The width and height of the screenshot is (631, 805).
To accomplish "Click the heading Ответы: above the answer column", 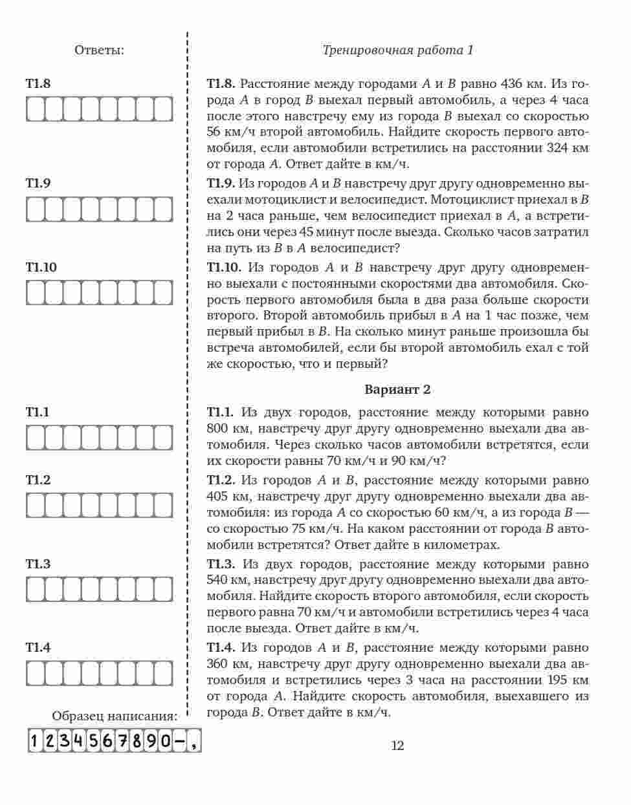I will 99,50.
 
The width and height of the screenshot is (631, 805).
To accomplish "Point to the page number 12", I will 397,746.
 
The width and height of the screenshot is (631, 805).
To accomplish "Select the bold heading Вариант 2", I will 397,389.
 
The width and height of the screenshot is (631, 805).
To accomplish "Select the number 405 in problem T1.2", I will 218,497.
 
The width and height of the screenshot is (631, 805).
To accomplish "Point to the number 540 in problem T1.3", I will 217,580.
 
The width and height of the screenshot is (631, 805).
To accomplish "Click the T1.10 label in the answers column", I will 41,268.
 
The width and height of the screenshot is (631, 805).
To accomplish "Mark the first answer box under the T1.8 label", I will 35,109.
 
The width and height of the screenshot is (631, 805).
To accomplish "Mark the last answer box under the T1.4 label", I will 164,672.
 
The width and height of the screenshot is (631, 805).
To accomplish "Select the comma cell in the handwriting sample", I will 193,741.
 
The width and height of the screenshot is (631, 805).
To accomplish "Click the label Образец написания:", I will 115,716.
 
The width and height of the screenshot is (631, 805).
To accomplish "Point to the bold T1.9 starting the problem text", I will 220,184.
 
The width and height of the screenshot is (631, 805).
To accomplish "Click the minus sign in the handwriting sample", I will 179,741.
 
